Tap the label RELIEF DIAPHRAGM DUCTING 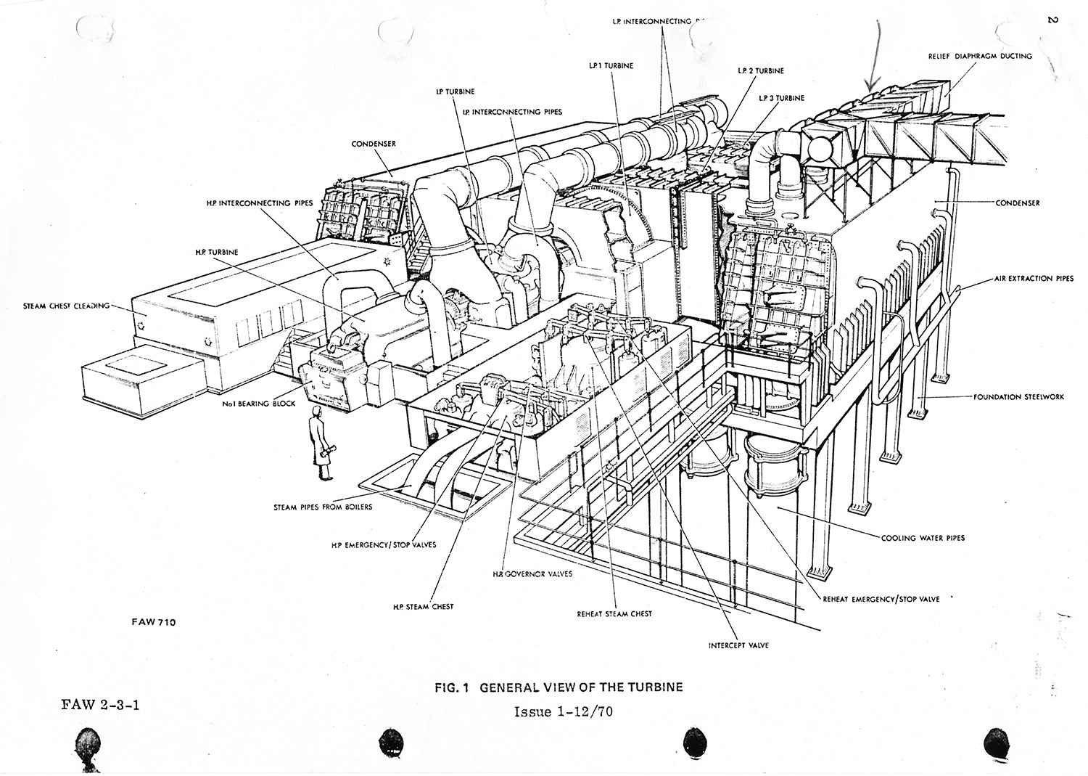pyautogui.click(x=980, y=56)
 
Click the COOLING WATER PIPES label pyautogui.click(x=923, y=538)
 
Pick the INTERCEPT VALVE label pyautogui.click(x=738, y=645)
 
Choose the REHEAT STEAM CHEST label pyautogui.click(x=614, y=613)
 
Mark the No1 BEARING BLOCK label pyautogui.click(x=259, y=404)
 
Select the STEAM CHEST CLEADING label pyautogui.click(x=66, y=306)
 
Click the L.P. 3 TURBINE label pyautogui.click(x=781, y=98)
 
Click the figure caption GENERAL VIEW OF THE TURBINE pyautogui.click(x=559, y=687)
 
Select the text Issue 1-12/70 pyautogui.click(x=564, y=711)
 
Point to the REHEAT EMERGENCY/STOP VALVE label pyautogui.click(x=881, y=600)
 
